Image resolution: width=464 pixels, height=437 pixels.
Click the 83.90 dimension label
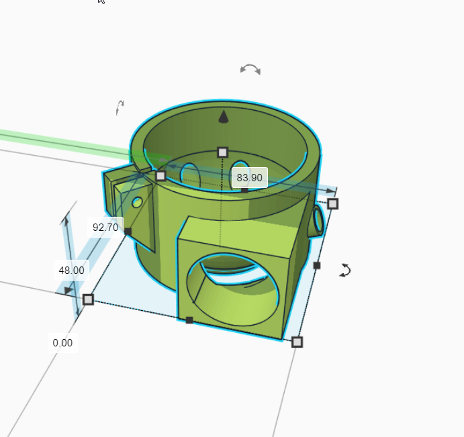pyautogui.click(x=249, y=178)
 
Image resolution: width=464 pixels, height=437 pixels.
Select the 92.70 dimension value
pyautogui.click(x=105, y=228)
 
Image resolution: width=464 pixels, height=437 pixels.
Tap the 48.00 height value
pyautogui.click(x=72, y=271)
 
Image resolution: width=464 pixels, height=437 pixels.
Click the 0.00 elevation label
pyautogui.click(x=62, y=343)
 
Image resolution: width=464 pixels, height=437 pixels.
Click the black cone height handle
pyautogui.click(x=224, y=117)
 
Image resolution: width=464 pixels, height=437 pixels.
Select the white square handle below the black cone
pyautogui.click(x=223, y=152)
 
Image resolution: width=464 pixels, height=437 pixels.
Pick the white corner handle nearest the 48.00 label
pyautogui.click(x=88, y=299)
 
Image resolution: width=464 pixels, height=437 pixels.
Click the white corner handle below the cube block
pyautogui.click(x=297, y=342)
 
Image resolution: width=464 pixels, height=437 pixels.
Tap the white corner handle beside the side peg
pyautogui.click(x=332, y=203)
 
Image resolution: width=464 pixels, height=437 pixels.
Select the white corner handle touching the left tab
pyautogui.click(x=160, y=176)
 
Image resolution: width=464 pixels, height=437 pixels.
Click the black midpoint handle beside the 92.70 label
pyautogui.click(x=128, y=232)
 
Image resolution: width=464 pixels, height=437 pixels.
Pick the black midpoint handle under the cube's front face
pyautogui.click(x=189, y=320)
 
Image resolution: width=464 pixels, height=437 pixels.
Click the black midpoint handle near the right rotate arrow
pyautogui.click(x=317, y=266)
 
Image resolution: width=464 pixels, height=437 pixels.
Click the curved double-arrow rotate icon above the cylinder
pyautogui.click(x=250, y=69)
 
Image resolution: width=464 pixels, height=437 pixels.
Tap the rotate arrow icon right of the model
pyautogui.click(x=345, y=270)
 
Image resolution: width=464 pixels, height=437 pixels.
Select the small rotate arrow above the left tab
pyautogui.click(x=120, y=107)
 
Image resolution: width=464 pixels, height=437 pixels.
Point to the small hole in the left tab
pyautogui.click(x=137, y=202)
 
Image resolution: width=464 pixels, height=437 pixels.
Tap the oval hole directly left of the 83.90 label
pyautogui.click(x=190, y=173)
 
